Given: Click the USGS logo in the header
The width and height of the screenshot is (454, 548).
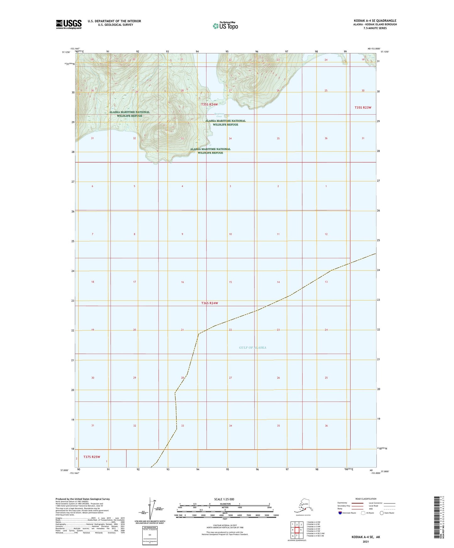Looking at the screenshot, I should tap(68, 24).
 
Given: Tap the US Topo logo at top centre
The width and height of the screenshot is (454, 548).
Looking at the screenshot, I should tap(225, 25).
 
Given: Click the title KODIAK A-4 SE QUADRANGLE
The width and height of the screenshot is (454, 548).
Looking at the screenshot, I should tap(375, 21).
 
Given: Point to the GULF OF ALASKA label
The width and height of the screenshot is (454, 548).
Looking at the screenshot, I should tap(252, 347).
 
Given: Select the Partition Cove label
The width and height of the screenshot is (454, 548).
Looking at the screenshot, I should tap(219, 115).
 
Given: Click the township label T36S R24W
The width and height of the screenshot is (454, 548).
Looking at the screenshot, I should tap(210, 303).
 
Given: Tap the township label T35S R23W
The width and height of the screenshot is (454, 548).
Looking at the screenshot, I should tap(363, 108).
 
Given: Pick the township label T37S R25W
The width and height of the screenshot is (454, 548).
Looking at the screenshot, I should tap(92, 457).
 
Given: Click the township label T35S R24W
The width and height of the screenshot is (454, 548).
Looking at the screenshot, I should tap(210, 105).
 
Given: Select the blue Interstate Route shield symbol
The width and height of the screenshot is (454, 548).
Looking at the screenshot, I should tap(340, 513).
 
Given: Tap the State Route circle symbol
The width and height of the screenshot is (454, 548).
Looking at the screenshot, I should tap(382, 513).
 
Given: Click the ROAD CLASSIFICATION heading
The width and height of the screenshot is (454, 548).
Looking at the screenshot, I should tap(366, 499).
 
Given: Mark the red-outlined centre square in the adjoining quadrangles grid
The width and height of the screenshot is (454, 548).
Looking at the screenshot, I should tap(297, 530).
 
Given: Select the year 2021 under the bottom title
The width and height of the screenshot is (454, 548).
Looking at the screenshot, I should tap(365, 541).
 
